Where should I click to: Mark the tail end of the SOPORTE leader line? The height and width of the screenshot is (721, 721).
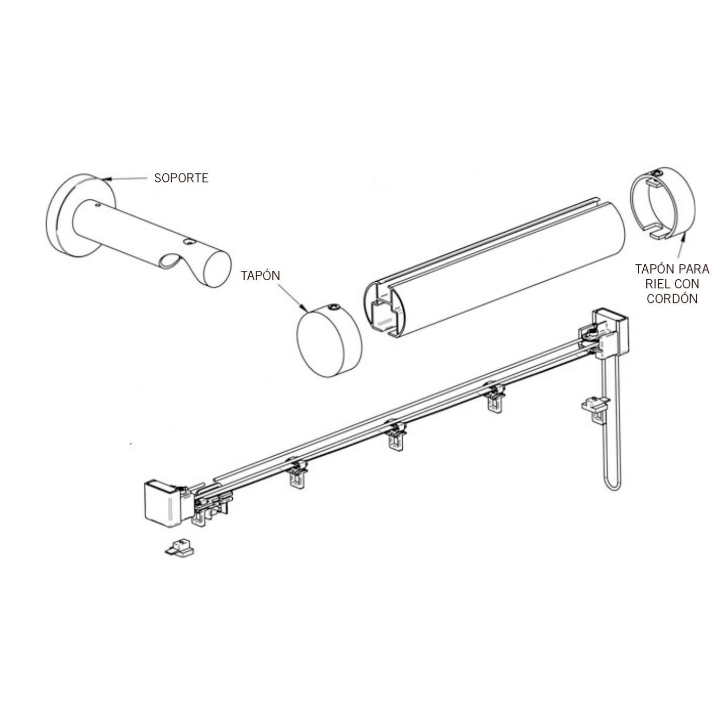click(147, 179)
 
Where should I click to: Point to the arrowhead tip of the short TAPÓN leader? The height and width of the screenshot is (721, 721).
click(307, 311)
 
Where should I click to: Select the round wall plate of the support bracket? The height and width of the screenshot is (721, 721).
click(78, 216)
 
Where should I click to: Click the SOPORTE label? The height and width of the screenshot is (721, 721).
click(181, 178)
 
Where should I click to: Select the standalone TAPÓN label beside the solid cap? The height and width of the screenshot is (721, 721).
click(261, 275)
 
